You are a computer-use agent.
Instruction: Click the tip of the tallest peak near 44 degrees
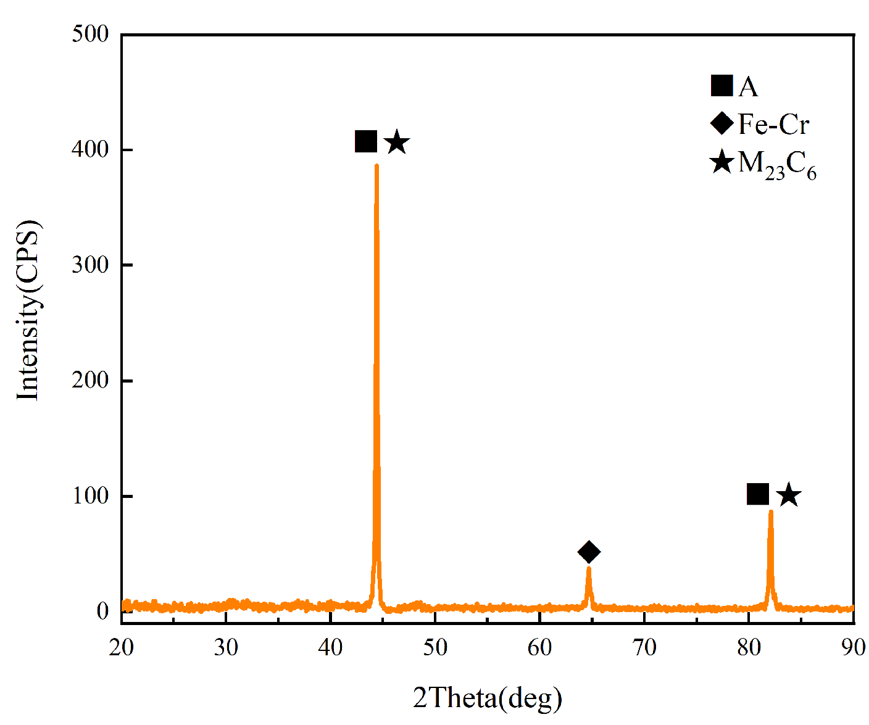point(376,165)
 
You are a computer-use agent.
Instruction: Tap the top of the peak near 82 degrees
point(771,512)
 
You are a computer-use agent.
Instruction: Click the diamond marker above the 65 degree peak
point(589,552)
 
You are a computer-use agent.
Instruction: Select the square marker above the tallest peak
point(366,141)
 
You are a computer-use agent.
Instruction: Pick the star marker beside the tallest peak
point(397,143)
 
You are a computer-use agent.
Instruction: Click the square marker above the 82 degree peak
point(758,494)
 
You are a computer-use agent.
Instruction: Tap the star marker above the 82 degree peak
point(789,495)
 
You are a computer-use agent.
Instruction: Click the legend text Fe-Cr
point(773,125)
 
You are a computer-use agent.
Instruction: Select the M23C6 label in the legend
point(777,165)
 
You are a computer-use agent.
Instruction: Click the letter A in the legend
point(748,87)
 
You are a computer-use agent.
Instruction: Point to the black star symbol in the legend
point(721,163)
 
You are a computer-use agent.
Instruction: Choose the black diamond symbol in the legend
point(721,123)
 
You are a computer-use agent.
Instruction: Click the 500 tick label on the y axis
point(90,34)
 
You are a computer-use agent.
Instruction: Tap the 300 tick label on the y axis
point(90,265)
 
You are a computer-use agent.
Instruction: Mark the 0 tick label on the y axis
point(102,611)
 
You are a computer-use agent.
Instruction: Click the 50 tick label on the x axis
point(435,647)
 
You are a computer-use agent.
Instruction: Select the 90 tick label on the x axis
point(853,647)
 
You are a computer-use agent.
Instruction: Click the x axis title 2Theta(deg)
point(488,698)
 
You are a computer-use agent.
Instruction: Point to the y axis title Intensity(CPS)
point(28,310)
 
